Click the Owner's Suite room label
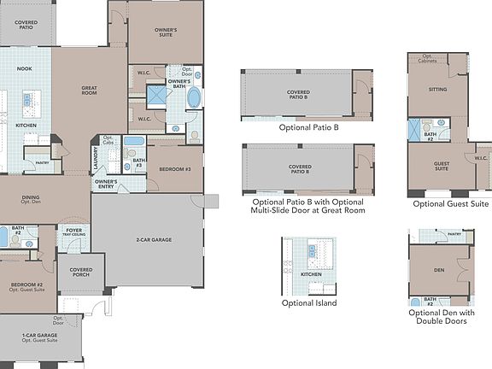click(166, 32)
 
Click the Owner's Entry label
click(106, 184)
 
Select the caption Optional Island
click(308, 302)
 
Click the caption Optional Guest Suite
click(450, 204)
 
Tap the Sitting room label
click(437, 88)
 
